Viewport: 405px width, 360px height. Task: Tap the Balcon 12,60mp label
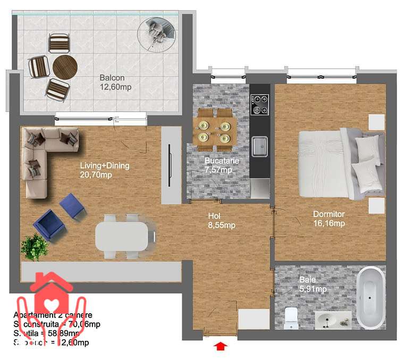(x=112, y=82)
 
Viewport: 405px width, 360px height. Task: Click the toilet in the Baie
(x=292, y=318)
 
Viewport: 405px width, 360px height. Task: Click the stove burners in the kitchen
(x=260, y=104)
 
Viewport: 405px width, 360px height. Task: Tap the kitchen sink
(x=259, y=146)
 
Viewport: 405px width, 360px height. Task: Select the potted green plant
(x=36, y=246)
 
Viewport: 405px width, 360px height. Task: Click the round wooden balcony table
(x=65, y=66)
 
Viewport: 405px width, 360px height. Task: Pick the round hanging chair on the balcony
(x=157, y=34)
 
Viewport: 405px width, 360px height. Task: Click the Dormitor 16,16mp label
(x=328, y=219)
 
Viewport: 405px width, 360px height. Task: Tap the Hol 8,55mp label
(x=221, y=221)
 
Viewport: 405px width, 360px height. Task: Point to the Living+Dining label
(x=104, y=170)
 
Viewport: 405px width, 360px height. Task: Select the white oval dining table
(x=123, y=236)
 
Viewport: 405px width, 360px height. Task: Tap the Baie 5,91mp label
(x=313, y=284)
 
